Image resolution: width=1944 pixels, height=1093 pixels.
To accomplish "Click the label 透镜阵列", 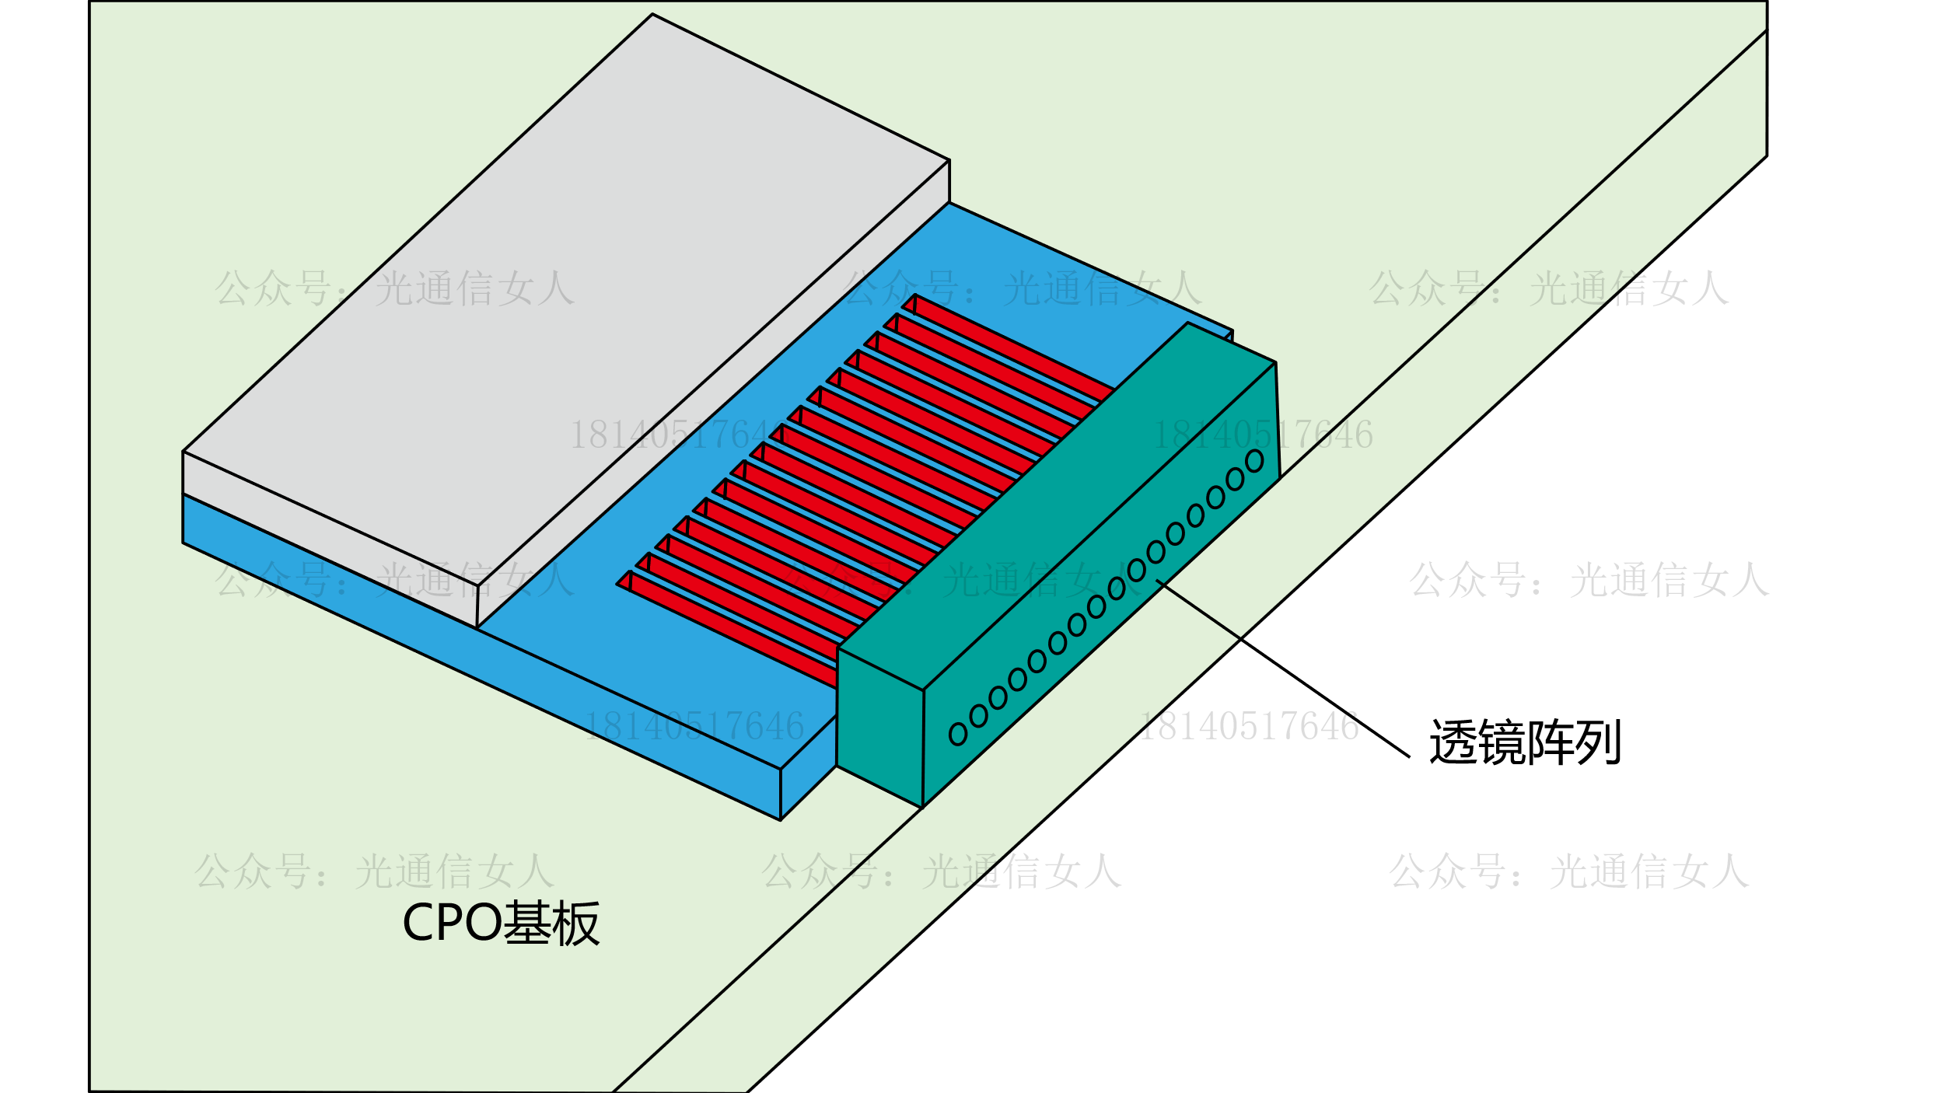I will click(1525, 742).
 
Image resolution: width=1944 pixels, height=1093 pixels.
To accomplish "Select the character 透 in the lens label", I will click(1453, 742).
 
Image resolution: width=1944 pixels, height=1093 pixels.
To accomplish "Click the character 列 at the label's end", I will click(1598, 742).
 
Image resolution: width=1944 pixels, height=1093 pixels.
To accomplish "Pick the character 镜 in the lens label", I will click(1502, 742).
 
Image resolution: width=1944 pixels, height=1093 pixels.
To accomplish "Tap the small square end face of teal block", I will click(879, 727).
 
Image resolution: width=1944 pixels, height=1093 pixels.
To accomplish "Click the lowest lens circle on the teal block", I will click(958, 734).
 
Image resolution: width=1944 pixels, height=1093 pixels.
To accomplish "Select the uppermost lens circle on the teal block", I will click(1254, 461).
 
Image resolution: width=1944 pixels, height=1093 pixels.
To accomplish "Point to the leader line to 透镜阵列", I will click(1283, 669).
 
